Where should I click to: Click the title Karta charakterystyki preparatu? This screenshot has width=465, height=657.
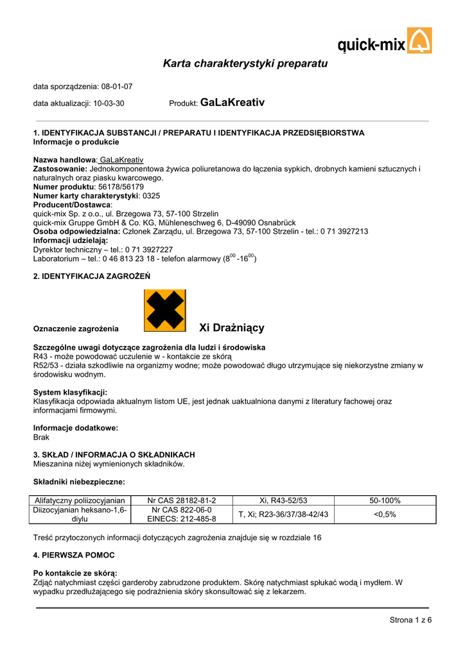tap(245, 64)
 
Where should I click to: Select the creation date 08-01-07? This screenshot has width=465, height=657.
tap(117, 87)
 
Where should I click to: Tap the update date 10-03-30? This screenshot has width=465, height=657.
tap(109, 103)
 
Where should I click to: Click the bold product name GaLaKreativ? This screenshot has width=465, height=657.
tap(232, 103)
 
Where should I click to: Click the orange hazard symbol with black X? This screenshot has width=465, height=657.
tap(165, 311)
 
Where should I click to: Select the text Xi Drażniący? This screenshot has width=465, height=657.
tap(232, 328)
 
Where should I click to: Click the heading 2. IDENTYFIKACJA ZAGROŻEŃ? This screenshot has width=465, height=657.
tap(91, 277)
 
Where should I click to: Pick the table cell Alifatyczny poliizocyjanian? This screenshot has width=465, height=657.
tap(80, 500)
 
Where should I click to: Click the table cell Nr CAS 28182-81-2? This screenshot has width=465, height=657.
tap(182, 500)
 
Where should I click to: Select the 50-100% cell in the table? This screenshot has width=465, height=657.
tap(385, 500)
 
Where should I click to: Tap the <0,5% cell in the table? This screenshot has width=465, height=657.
tap(385, 515)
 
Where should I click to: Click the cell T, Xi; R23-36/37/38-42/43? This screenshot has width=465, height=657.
tap(283, 515)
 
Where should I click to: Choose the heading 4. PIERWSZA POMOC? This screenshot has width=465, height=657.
tap(74, 555)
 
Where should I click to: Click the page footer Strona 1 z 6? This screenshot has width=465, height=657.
tap(410, 620)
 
